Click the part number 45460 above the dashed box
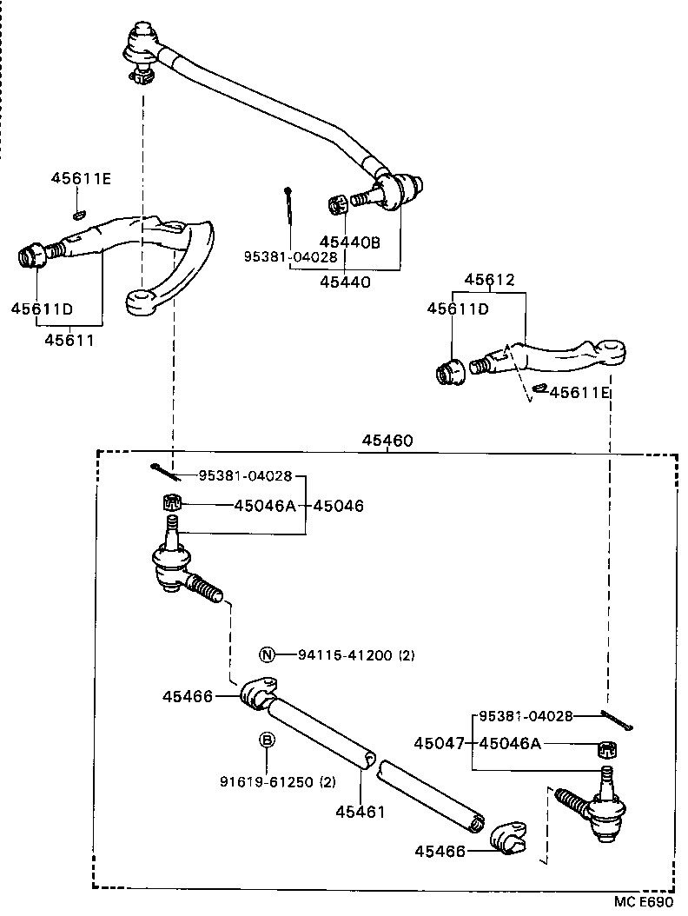pyautogui.click(x=387, y=441)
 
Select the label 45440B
pyautogui.click(x=350, y=242)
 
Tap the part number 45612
pyautogui.click(x=489, y=280)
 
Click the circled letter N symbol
pyautogui.click(x=268, y=654)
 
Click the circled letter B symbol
pyautogui.click(x=268, y=740)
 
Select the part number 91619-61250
pyautogui.click(x=277, y=781)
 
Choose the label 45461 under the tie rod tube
pyautogui.click(x=360, y=812)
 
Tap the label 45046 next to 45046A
pyautogui.click(x=339, y=505)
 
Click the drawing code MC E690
pyautogui.click(x=644, y=901)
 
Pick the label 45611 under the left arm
pyautogui.click(x=69, y=340)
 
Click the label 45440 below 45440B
pyautogui.click(x=344, y=282)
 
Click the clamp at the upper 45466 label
pyautogui.click(x=258, y=694)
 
